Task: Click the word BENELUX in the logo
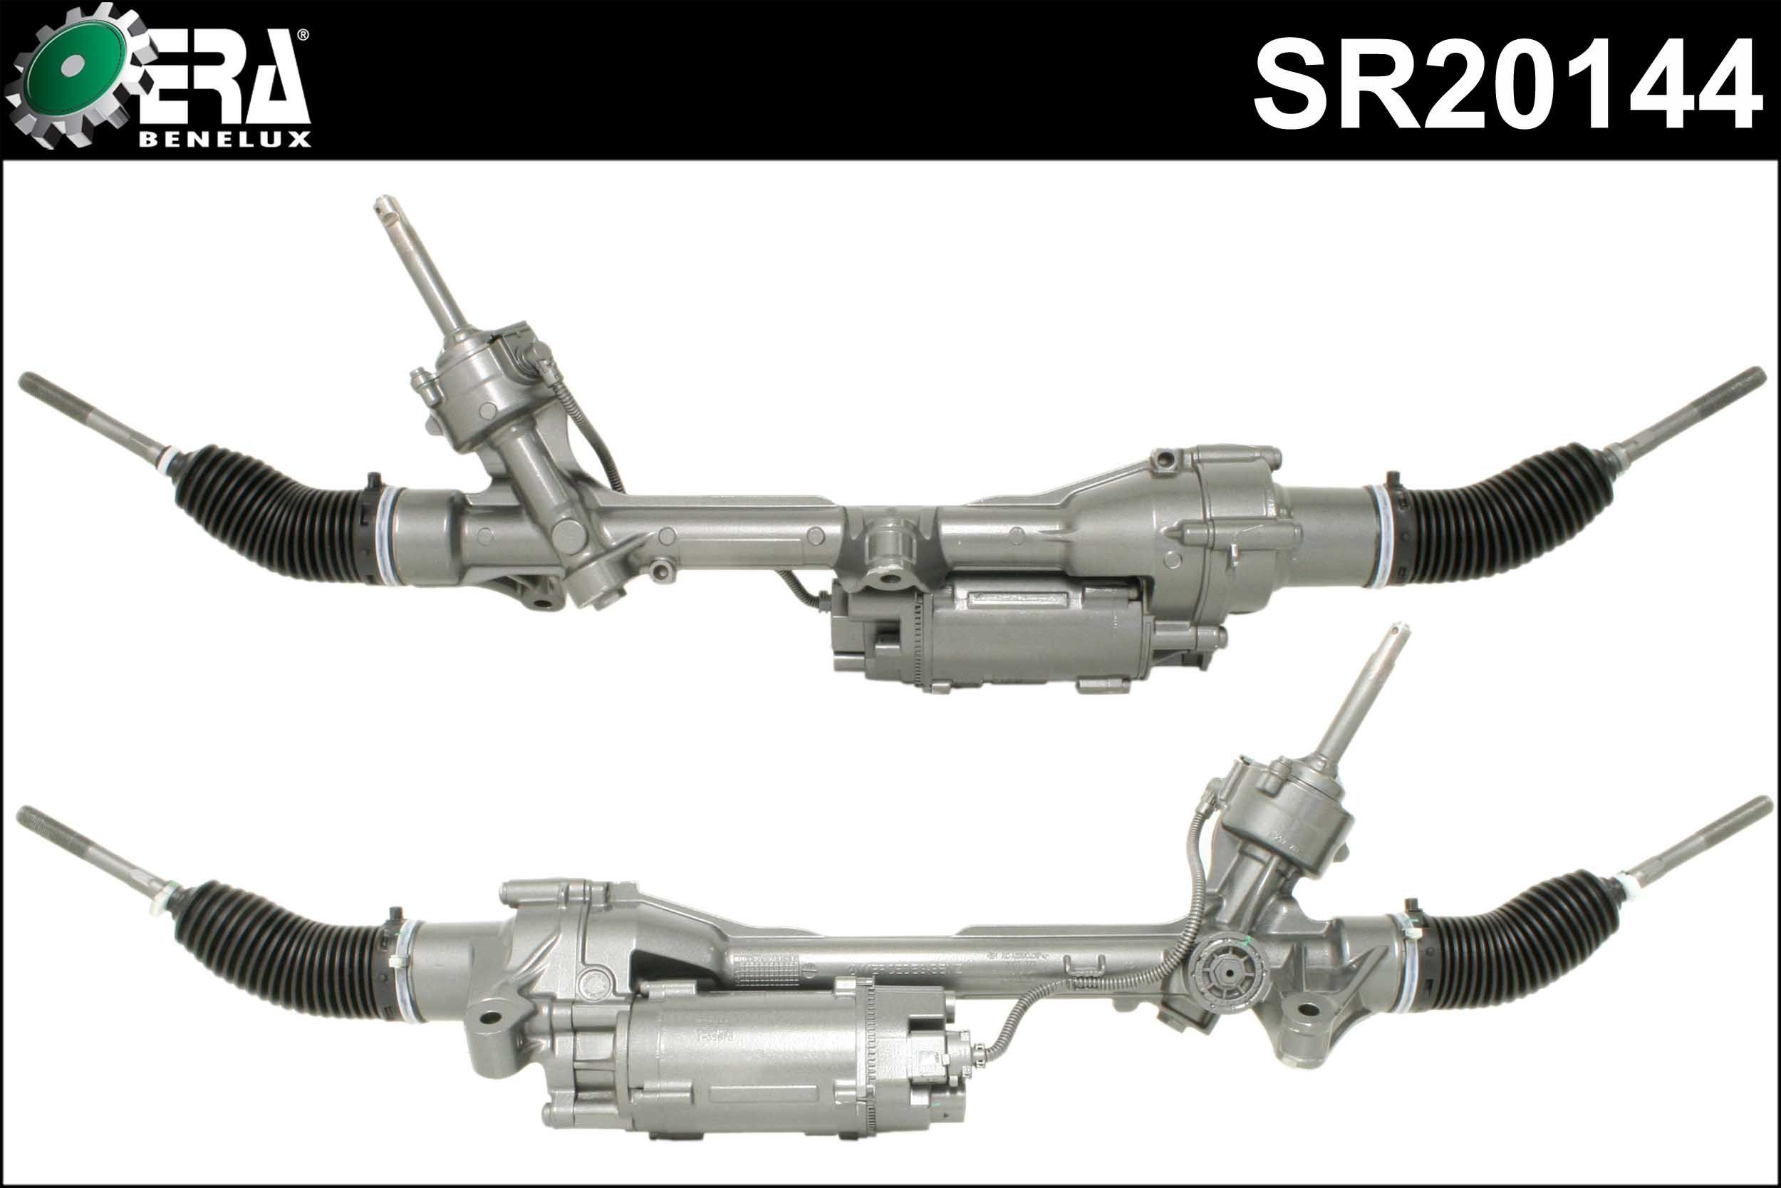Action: (225, 140)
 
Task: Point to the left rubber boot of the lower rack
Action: (280, 947)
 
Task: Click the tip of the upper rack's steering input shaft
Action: (388, 205)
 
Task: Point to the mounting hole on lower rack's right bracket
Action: (1308, 1008)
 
